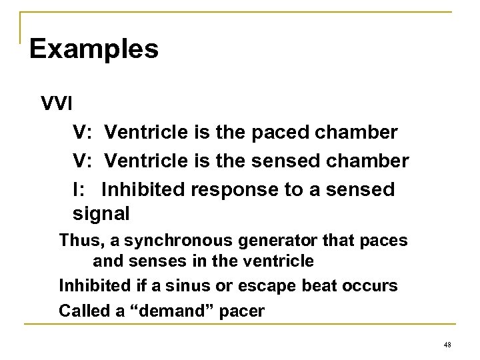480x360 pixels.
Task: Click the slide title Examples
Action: [x=94, y=49]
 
